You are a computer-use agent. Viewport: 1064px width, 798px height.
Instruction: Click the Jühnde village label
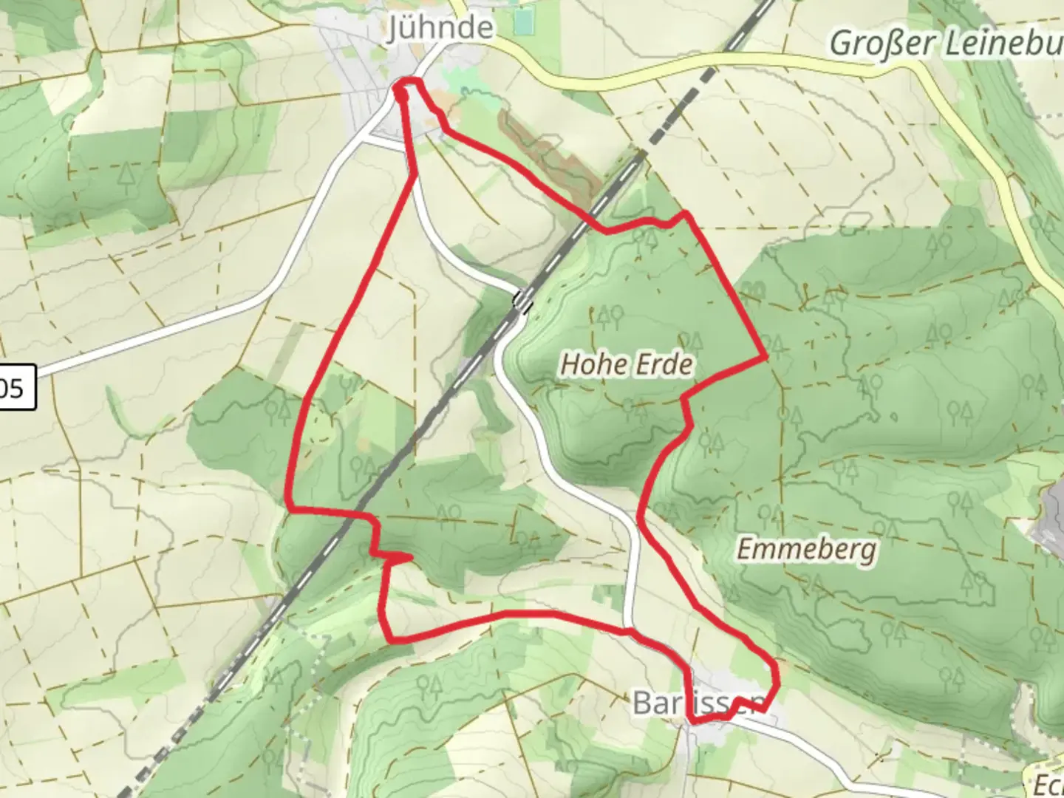click(x=441, y=28)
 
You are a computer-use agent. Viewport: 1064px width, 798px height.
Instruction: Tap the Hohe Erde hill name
click(x=627, y=364)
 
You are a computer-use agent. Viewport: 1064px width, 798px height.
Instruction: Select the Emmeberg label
click(x=807, y=549)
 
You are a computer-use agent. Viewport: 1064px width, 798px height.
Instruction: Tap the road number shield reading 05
click(x=15, y=388)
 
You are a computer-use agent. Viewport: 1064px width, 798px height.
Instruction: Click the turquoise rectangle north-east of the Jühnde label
click(x=524, y=22)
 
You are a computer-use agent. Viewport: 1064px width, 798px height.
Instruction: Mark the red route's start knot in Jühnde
click(x=403, y=92)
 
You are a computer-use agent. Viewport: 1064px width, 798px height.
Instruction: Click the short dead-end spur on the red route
click(x=399, y=556)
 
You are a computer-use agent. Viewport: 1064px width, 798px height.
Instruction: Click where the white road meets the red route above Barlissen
click(x=628, y=630)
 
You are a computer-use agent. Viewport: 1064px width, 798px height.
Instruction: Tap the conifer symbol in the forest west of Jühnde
click(x=128, y=174)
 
